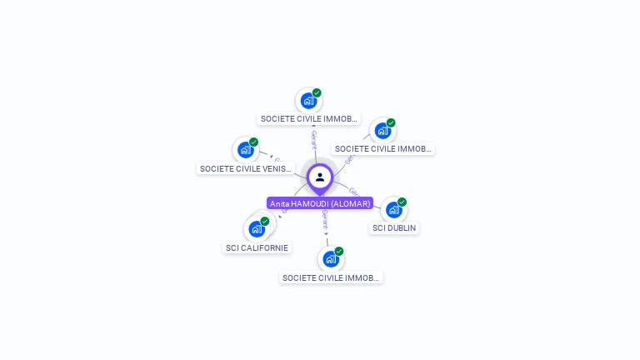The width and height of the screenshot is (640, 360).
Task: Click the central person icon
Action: (x=320, y=177)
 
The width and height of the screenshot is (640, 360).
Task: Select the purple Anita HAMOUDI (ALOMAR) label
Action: (x=320, y=203)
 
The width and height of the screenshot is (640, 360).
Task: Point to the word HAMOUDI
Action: (x=310, y=203)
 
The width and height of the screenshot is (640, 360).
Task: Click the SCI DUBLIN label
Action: (x=394, y=228)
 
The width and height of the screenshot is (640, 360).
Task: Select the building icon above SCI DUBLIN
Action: (x=393, y=210)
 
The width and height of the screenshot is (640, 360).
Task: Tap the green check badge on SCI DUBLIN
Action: (x=402, y=202)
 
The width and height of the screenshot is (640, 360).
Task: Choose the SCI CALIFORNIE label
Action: (x=257, y=247)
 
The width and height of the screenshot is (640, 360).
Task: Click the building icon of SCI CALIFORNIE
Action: (x=257, y=229)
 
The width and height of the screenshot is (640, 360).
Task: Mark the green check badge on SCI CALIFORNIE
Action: (x=265, y=221)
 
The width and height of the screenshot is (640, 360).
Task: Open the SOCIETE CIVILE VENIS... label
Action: (x=246, y=168)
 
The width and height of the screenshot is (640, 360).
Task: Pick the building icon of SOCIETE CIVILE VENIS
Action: (x=245, y=150)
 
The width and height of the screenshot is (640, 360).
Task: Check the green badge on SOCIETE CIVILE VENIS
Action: (x=253, y=142)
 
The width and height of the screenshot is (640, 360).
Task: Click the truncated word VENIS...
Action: (x=272, y=168)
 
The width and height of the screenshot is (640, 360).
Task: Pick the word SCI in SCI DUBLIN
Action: (x=379, y=228)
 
